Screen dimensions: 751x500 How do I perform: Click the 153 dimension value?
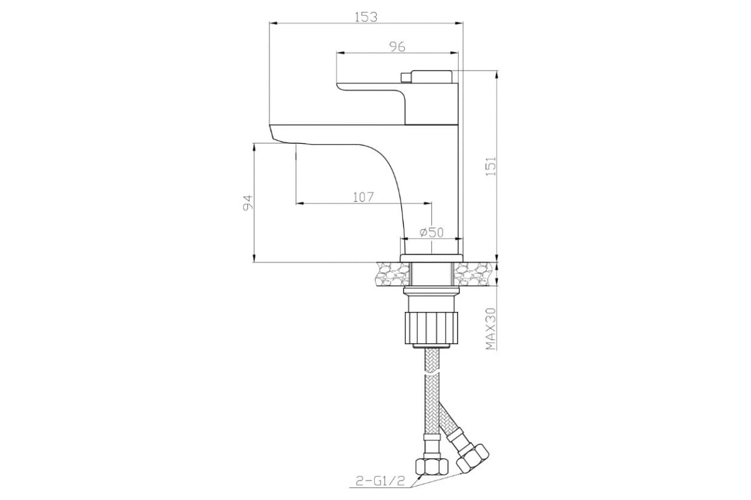tap(365, 17)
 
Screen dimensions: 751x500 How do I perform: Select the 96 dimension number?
tap(397, 46)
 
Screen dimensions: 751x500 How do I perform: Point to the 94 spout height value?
tap(247, 202)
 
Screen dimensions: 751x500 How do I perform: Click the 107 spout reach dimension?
tap(363, 197)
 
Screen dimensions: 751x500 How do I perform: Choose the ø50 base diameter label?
tap(431, 232)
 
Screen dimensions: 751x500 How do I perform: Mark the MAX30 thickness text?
tap(491, 329)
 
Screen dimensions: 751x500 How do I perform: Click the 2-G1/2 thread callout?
tap(381, 481)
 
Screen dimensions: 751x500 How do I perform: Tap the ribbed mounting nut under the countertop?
tap(431, 327)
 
